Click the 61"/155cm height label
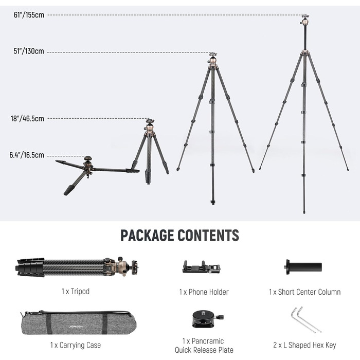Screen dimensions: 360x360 tap(29, 15)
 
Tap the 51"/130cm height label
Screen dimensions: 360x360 tap(29, 51)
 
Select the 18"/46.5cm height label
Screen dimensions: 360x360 tap(27, 118)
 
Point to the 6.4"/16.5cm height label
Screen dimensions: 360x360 tap(27, 155)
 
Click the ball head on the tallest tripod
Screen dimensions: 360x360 tap(305, 20)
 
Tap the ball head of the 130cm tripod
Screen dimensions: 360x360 tap(213, 59)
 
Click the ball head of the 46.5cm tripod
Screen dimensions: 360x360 tap(150, 124)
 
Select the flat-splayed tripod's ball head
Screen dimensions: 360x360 tap(88, 160)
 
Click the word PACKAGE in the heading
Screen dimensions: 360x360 tap(147, 236)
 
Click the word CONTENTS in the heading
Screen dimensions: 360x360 tap(208, 236)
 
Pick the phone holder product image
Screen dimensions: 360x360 tap(202, 267)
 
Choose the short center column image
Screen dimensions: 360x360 tap(303, 267)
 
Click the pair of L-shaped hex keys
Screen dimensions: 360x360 tap(306, 319)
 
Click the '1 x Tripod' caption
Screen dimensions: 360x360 tap(76, 292)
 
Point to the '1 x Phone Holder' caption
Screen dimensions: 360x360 tap(204, 292)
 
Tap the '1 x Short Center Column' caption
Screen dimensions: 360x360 tap(304, 292)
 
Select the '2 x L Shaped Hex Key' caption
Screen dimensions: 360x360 tap(304, 345)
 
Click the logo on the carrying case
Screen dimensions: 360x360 tap(76, 327)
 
